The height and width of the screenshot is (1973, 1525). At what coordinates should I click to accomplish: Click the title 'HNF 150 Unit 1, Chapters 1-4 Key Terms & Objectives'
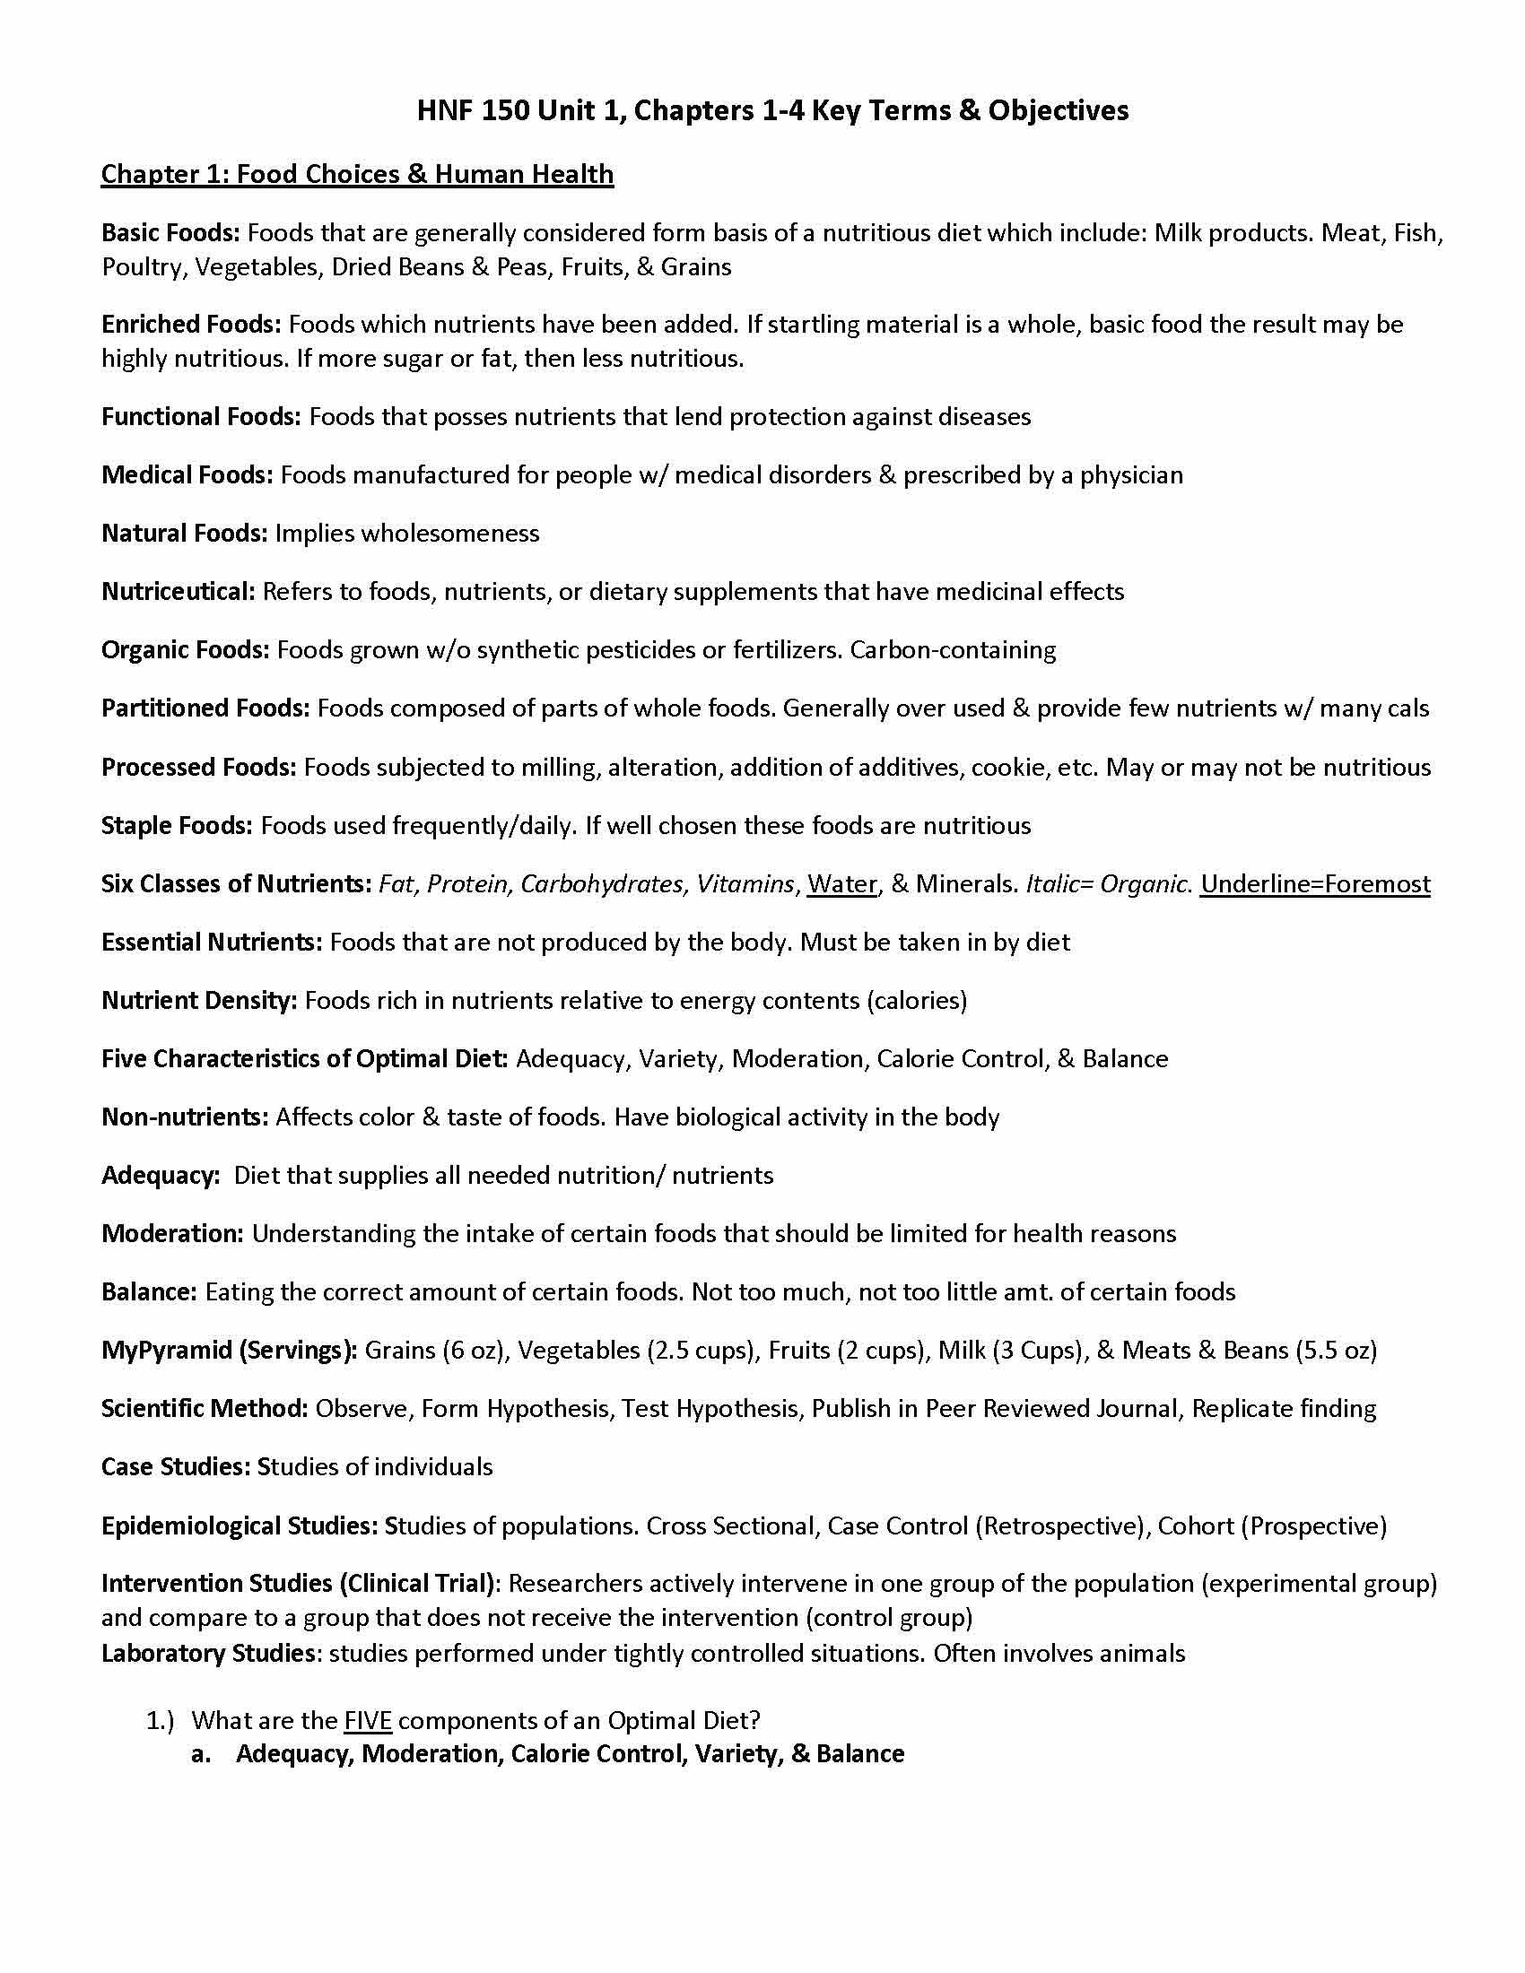tap(772, 110)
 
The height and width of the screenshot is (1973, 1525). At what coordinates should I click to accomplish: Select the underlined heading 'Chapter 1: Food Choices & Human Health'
tap(357, 173)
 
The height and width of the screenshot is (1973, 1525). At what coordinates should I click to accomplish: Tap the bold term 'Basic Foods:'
tap(170, 233)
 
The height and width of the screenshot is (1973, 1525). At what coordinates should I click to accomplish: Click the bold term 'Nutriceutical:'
tap(178, 592)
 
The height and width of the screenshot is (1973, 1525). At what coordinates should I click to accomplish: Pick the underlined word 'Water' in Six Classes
tap(842, 883)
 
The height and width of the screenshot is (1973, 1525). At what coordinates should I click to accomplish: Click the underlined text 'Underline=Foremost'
tap(1314, 883)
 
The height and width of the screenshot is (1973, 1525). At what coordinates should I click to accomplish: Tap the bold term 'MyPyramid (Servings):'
tap(230, 1351)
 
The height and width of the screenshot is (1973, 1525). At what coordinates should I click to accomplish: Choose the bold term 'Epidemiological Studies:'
tap(240, 1525)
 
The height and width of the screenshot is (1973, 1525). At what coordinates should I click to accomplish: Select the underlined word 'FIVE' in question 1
tap(368, 1720)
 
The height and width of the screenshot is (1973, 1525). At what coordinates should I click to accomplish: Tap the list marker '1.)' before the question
tap(160, 1720)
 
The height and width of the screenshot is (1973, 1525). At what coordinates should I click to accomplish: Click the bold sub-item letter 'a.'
tap(201, 1754)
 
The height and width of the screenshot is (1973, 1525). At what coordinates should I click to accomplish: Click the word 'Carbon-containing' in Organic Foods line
tap(953, 650)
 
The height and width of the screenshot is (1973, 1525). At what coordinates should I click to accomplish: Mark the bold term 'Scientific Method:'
tap(205, 1408)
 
